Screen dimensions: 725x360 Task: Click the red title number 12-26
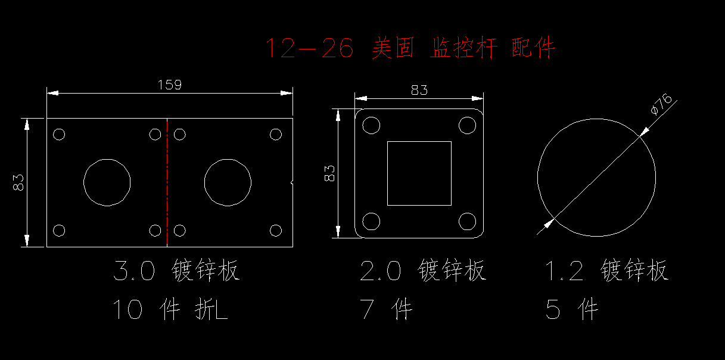click(309, 48)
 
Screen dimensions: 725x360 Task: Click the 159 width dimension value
click(170, 85)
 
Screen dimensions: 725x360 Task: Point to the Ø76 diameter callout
click(661, 104)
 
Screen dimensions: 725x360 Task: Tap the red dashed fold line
click(167, 182)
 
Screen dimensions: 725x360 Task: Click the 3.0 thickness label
click(134, 271)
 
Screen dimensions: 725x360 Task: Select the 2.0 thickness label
click(380, 271)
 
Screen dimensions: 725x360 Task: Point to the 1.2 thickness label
click(565, 271)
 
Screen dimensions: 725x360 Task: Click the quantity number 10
click(127, 309)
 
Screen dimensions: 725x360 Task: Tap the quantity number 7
click(367, 309)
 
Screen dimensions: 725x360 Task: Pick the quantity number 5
click(553, 309)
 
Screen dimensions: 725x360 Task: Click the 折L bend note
click(211, 309)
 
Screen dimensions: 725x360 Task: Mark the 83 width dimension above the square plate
click(419, 90)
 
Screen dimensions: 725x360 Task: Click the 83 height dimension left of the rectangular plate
click(18, 182)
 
